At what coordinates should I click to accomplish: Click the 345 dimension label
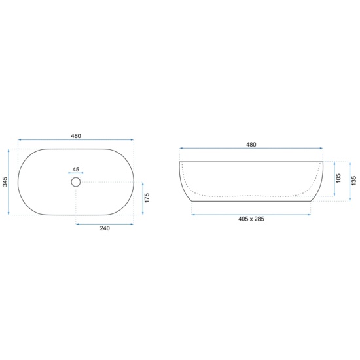pos(5,181)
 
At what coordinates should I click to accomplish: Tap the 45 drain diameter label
pos(76,170)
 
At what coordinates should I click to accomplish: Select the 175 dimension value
pos(147,198)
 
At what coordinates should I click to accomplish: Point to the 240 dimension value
pos(105,228)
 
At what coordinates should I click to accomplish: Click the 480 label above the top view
pos(76,136)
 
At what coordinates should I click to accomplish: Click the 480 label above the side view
pos(251,145)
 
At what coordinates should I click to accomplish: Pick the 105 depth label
pos(338,179)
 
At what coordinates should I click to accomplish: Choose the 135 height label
pos(353,181)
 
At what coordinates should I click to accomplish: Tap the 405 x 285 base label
pos(251,219)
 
